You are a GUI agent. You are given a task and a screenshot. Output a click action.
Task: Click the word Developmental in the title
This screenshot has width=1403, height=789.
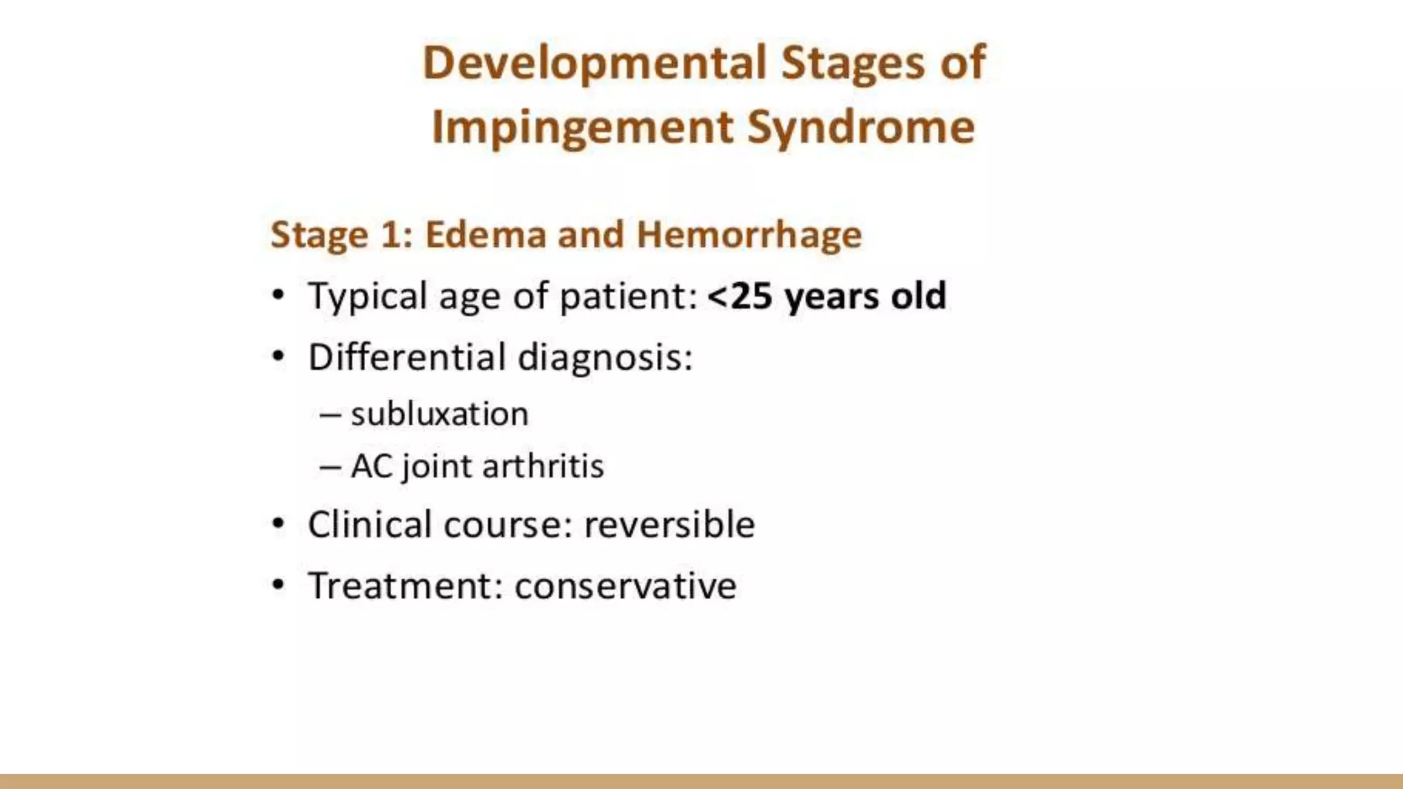pyautogui.click(x=594, y=64)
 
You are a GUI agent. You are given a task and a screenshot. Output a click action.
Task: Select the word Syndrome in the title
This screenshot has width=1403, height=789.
pyautogui.click(x=860, y=128)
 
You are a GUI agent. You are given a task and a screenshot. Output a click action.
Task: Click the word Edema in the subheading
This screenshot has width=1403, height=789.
pyautogui.click(x=485, y=235)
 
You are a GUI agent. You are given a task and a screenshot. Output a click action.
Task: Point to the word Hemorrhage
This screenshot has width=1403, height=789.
pyautogui.click(x=749, y=235)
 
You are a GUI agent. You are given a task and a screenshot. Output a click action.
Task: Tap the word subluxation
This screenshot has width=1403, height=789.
pyautogui.click(x=439, y=414)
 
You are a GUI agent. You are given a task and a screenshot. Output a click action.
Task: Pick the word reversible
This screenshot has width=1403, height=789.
pyautogui.click(x=669, y=525)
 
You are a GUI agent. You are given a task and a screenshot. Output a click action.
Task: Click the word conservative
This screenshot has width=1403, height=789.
pyautogui.click(x=625, y=586)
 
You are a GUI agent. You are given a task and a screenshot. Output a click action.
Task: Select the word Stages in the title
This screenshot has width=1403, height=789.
pyautogui.click(x=853, y=64)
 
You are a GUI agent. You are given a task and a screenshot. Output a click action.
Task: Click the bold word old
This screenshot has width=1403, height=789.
pyautogui.click(x=918, y=297)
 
